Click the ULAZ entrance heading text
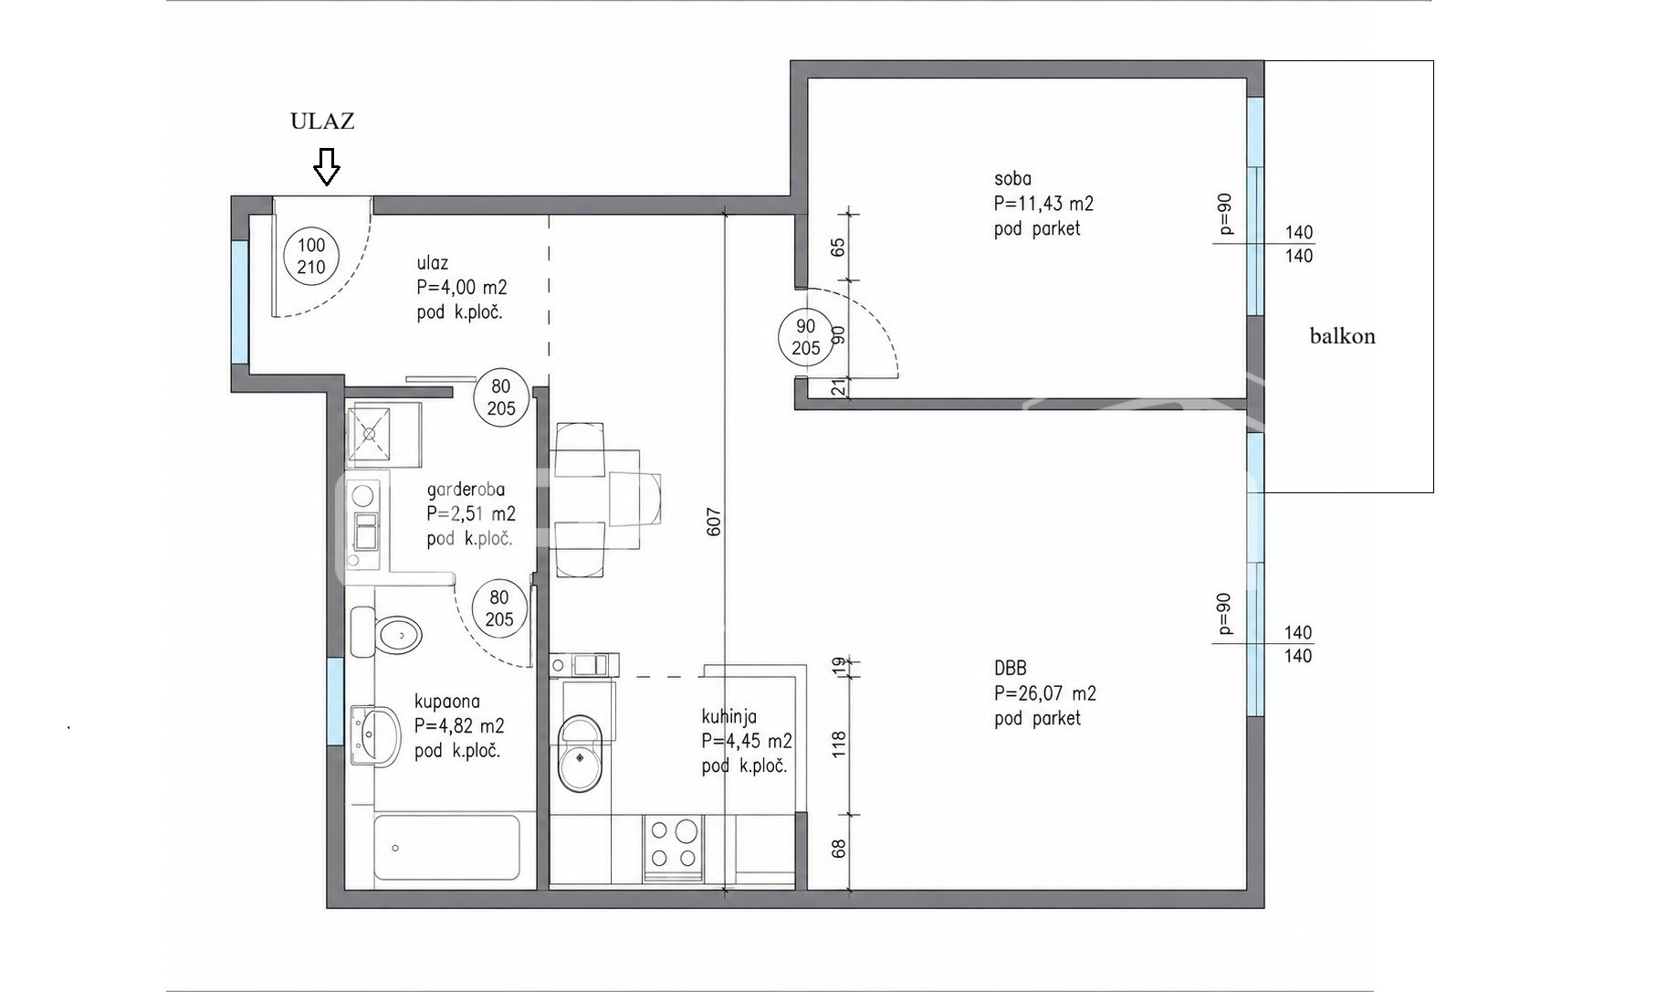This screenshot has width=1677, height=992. (322, 121)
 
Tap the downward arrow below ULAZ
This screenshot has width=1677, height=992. (327, 167)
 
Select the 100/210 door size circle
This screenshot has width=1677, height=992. (311, 256)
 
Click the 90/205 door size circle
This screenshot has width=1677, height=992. (805, 337)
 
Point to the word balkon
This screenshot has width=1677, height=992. (1342, 336)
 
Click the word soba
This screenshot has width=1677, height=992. (1012, 179)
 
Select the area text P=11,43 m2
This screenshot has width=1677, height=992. (1043, 204)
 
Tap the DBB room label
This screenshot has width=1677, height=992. (1011, 669)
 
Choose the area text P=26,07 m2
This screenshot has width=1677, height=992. (1045, 693)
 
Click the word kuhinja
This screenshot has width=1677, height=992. (728, 717)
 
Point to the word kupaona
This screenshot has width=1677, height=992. (446, 702)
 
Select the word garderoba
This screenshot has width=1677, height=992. (466, 490)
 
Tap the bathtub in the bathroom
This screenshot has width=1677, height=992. (447, 848)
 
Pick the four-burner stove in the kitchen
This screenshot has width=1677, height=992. (673, 845)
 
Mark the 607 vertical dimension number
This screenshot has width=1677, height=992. (714, 522)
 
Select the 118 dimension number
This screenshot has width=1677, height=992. (839, 744)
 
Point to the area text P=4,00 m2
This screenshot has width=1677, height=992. (462, 288)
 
